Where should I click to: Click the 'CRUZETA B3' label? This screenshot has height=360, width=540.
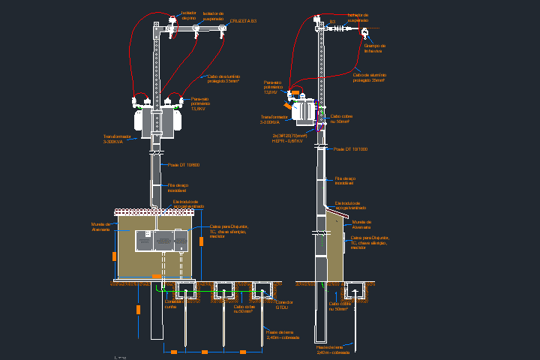[244, 21]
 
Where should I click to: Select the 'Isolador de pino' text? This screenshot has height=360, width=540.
[188, 15]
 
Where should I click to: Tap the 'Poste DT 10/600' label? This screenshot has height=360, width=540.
[184, 164]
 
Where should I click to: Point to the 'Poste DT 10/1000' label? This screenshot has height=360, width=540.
[350, 149]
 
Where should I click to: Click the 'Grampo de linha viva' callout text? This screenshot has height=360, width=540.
[374, 48]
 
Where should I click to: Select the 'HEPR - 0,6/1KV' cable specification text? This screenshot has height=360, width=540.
[287, 140]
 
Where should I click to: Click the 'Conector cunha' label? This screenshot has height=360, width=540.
[172, 304]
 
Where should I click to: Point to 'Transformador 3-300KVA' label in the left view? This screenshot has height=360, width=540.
[117, 139]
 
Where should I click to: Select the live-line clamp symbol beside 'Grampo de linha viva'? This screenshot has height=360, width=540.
[364, 33]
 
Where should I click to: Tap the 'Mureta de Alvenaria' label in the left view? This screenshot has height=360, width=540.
[101, 226]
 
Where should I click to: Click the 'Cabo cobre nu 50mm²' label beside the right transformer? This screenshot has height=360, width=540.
[341, 118]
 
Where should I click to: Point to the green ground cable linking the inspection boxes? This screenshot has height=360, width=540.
[217, 289]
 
